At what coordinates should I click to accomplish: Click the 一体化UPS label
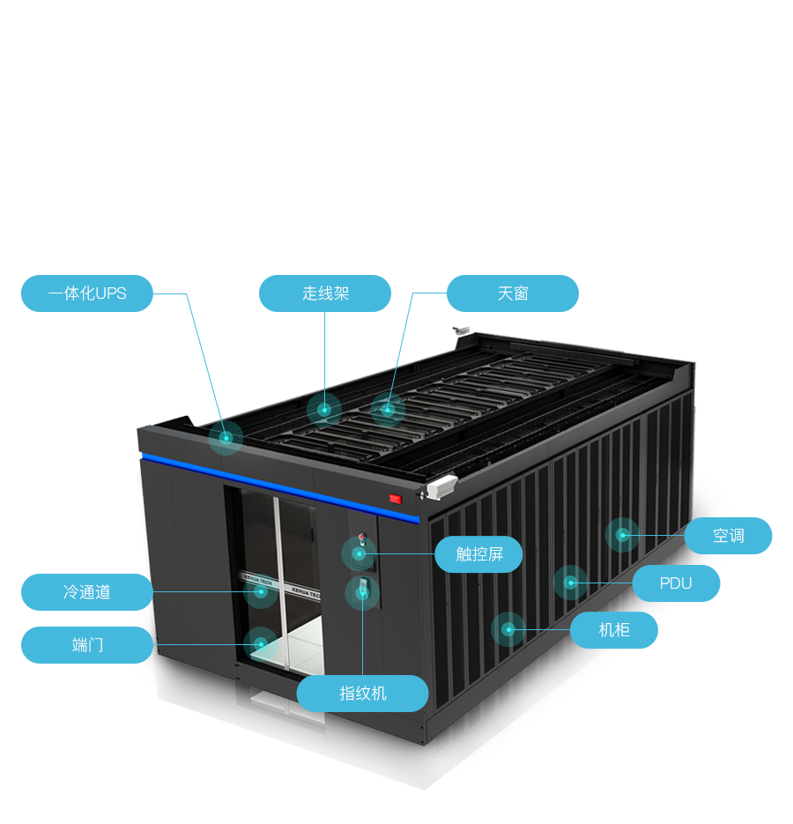[87, 293]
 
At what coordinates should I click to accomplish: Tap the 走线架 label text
[326, 293]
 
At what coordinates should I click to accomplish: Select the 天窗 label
[513, 293]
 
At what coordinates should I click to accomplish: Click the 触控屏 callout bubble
[479, 554]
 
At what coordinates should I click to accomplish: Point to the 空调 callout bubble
[728, 535]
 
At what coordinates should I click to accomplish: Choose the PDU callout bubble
[676, 583]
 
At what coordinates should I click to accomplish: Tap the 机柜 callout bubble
[614, 630]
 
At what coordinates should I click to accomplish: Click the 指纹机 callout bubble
[363, 694]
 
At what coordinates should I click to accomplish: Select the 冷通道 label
[87, 592]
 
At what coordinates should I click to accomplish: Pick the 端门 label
[87, 645]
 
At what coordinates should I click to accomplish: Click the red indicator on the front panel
[395, 499]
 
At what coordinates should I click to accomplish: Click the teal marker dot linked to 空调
[622, 534]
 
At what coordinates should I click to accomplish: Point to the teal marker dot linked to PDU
[570, 583]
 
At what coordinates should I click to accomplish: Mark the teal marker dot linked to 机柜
[508, 629]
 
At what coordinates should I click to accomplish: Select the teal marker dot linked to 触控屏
[359, 553]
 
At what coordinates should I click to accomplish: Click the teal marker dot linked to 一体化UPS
[226, 437]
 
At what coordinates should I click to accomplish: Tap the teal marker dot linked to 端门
[260, 644]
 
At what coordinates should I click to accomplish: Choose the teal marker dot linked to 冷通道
[260, 591]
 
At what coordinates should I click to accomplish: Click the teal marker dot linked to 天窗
[387, 409]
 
